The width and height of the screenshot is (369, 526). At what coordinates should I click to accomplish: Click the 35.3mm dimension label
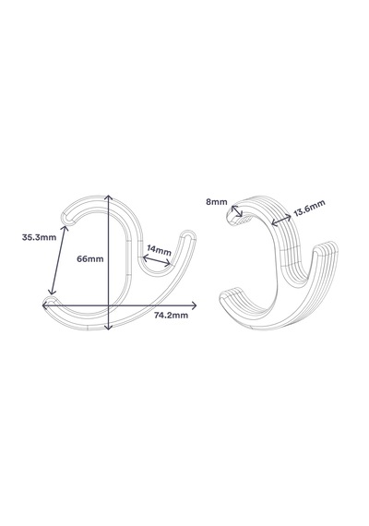pos(39,237)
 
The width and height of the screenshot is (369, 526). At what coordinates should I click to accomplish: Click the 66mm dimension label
pos(90,259)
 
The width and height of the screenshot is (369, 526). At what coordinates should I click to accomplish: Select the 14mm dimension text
pos(159,250)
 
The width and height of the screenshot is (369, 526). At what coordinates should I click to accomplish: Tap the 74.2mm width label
pos(171,316)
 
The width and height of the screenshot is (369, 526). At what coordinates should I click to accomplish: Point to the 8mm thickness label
pos(217,202)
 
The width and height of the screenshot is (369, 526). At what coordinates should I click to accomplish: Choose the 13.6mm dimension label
pos(309,208)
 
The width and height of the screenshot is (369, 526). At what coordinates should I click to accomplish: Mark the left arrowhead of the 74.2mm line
pos(44,305)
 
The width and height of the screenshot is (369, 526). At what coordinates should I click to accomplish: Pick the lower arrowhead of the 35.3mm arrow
pos(51,293)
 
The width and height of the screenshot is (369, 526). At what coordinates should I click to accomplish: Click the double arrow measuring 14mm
pos(157,261)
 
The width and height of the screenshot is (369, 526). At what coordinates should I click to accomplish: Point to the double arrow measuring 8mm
pos(237,211)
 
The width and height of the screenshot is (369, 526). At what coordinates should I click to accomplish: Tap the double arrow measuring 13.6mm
pos(281,220)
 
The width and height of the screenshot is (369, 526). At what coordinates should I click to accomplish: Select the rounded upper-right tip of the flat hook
pos(188,234)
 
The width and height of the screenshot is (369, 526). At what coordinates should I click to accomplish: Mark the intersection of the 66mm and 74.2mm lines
pos(108,305)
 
